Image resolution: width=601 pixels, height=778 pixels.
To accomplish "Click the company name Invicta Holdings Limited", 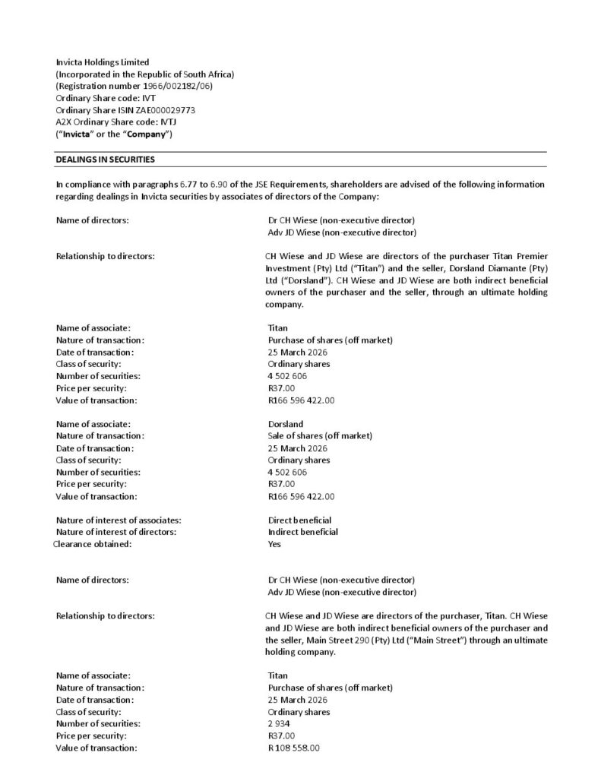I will coord(103,62).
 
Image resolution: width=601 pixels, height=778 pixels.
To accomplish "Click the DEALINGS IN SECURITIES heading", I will coord(106,160).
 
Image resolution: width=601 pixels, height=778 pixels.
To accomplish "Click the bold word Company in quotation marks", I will coord(147,134).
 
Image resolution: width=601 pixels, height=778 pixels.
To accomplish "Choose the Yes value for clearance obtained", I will coord(275,544).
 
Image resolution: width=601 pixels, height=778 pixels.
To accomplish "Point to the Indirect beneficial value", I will coord(302,532).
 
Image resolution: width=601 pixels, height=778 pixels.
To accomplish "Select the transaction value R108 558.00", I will coord(294,748).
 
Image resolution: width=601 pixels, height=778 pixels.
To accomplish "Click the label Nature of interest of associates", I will coord(119,520).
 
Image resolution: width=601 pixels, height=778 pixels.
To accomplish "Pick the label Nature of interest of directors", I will coord(116,532).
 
